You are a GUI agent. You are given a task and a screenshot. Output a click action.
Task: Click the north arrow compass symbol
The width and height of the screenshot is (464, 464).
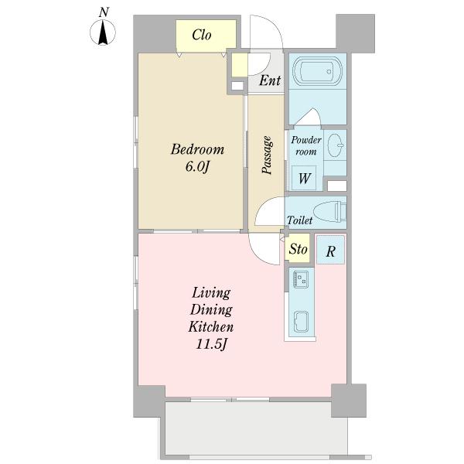[103, 32]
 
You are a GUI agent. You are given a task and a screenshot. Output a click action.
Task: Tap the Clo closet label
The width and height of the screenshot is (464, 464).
[202, 35]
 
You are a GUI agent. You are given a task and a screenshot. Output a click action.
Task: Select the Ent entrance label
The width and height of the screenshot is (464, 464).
[270, 80]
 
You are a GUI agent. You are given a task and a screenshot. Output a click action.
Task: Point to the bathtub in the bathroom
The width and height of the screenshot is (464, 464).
[318, 70]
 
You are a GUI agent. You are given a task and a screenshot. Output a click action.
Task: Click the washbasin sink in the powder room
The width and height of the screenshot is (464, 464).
[336, 145]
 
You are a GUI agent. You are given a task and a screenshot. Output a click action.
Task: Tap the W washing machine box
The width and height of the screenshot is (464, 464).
[304, 178]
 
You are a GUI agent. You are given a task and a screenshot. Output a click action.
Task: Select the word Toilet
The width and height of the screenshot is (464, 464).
[300, 220]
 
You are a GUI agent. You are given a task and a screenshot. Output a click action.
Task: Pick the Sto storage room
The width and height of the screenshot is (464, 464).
[299, 248]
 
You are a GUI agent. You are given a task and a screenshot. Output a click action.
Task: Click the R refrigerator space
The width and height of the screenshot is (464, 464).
[330, 250]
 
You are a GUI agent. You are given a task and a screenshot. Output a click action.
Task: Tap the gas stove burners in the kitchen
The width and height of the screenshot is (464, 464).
[300, 278]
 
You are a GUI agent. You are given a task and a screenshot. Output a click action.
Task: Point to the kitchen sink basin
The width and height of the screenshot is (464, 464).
[301, 322]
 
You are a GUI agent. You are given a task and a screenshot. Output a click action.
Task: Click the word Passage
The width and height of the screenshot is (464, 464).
[267, 155]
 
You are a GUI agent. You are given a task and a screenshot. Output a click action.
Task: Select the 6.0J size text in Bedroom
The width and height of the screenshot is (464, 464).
[197, 167]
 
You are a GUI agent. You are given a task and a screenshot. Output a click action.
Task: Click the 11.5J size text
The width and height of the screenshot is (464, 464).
[212, 344]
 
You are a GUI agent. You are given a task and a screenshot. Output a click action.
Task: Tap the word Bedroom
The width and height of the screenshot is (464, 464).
[197, 149]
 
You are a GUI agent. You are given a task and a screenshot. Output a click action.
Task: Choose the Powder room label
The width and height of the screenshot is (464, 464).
[306, 145]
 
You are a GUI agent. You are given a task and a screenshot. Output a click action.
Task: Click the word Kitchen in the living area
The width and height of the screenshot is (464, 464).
[211, 326]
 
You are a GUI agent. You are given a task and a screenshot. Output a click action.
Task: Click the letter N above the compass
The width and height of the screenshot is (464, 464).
[104, 12]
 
